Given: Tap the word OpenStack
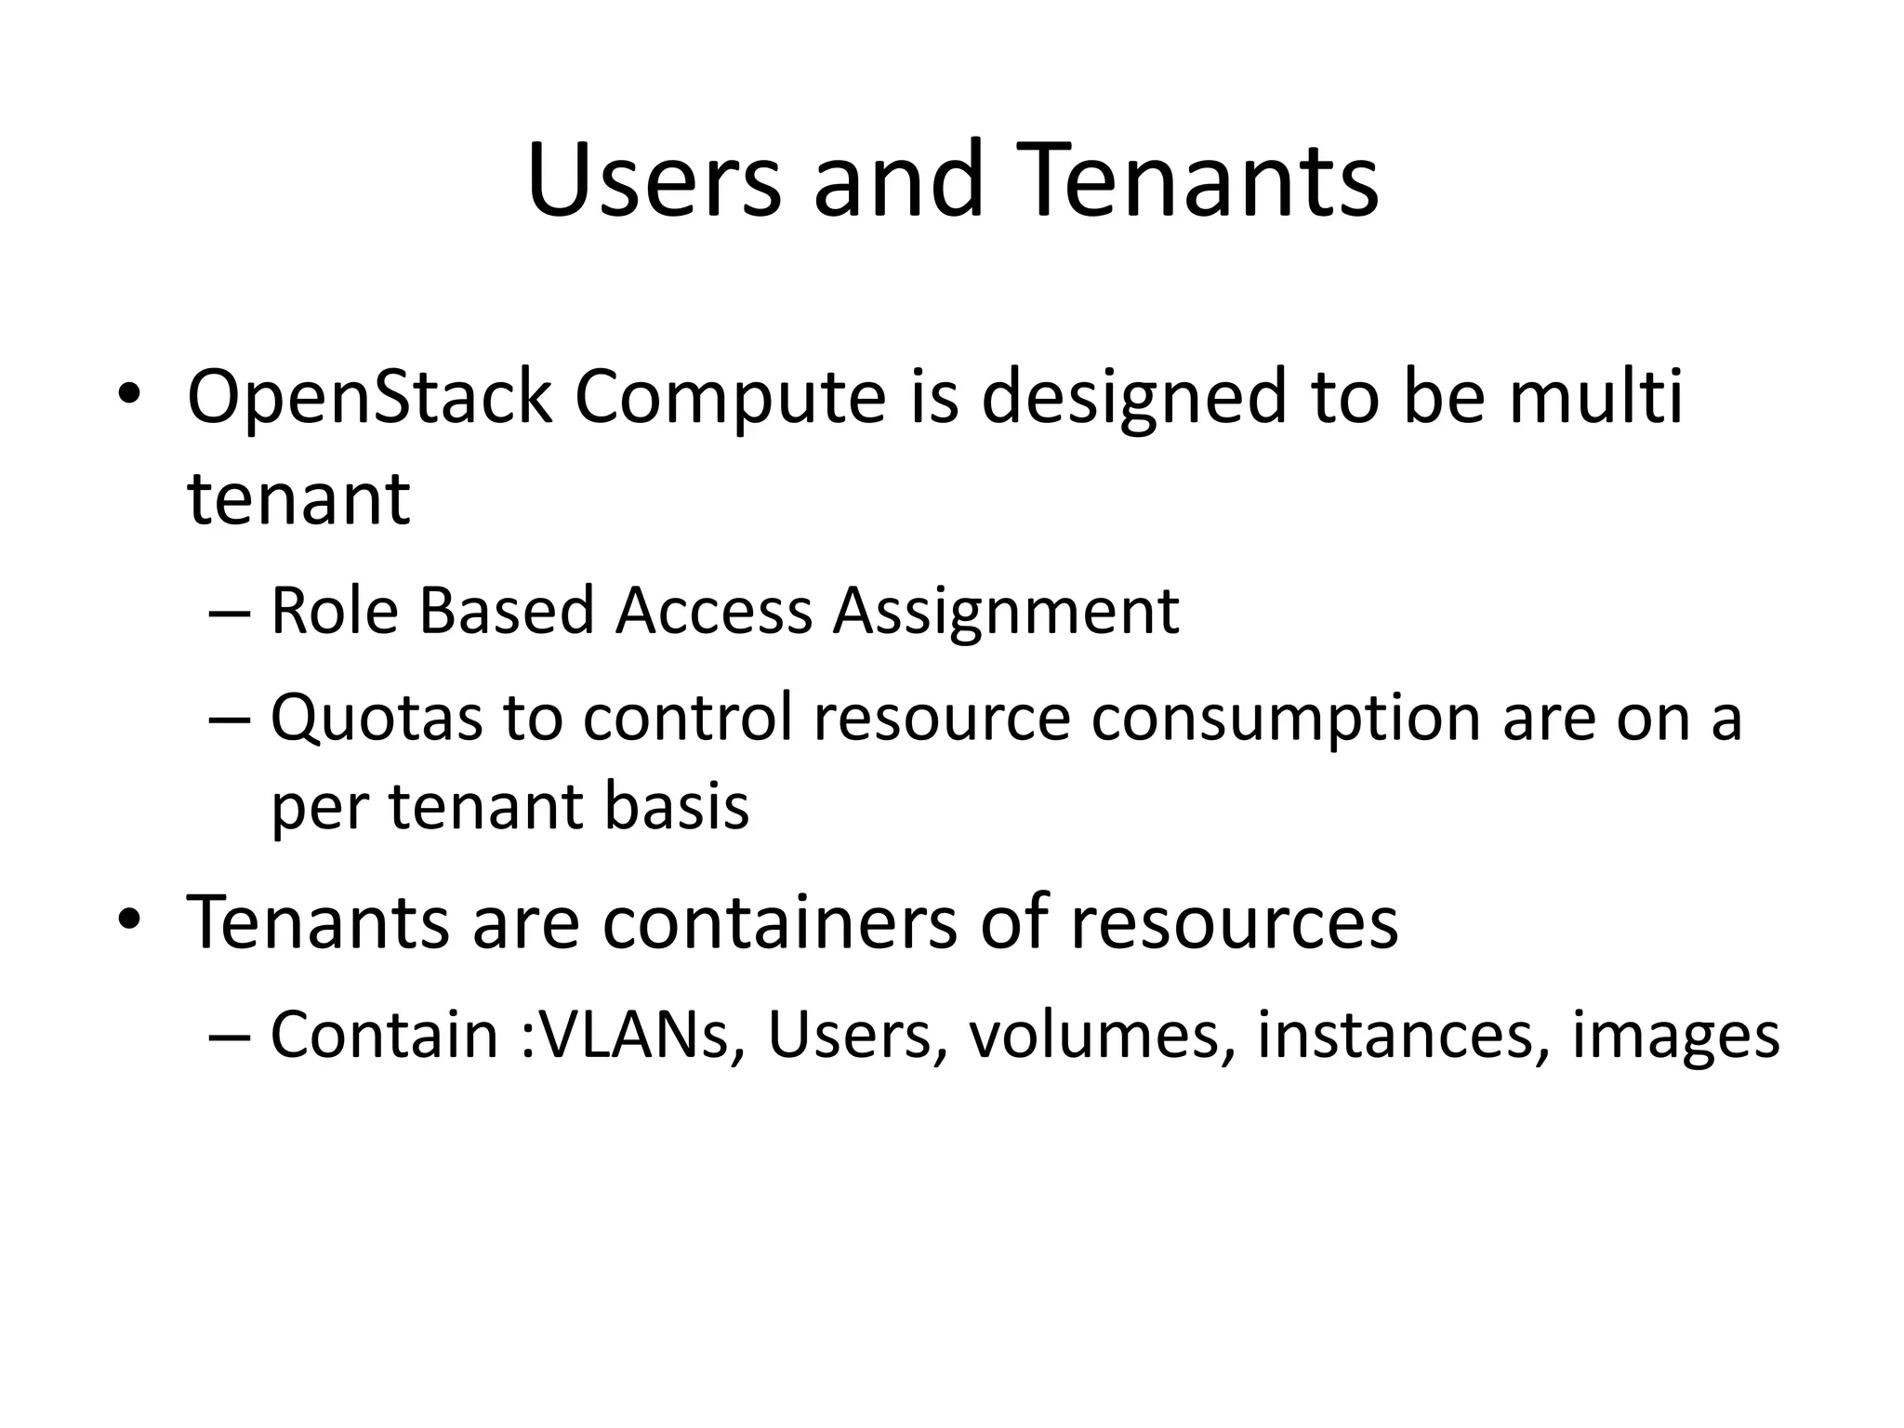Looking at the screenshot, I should coord(369,398).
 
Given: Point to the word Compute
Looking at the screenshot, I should coord(730,398).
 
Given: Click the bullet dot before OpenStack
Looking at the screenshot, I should coord(128,395).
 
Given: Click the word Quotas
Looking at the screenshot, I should coord(377,719).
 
